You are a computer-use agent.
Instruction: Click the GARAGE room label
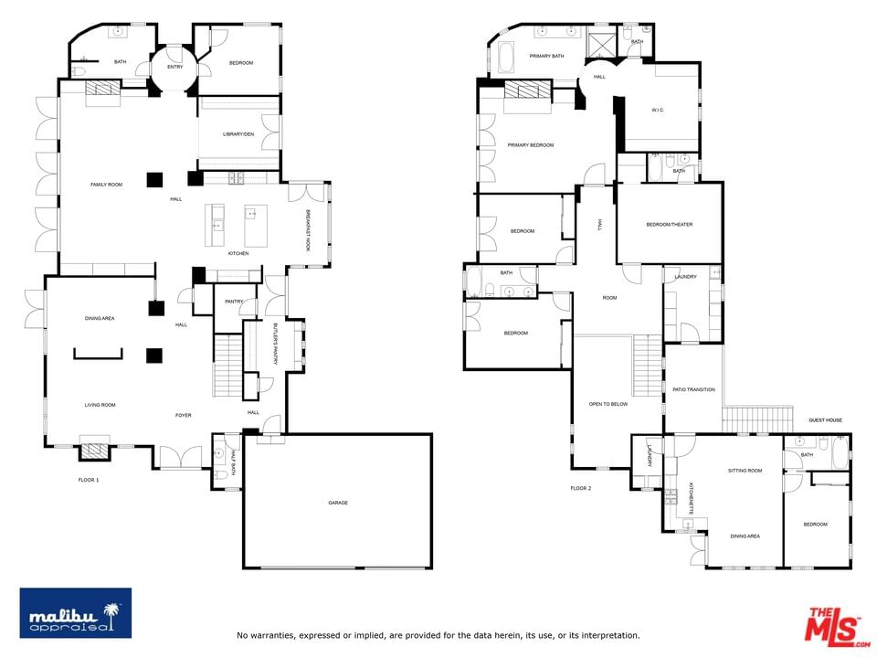pos(338,503)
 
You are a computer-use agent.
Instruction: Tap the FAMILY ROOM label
pos(106,185)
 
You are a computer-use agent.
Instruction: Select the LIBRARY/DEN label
pos(238,134)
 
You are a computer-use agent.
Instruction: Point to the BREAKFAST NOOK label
pos(308,230)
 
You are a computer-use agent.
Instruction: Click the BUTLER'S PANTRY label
pos(275,345)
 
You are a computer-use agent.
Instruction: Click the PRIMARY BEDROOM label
pos(530,145)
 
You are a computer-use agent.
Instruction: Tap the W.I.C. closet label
pos(658,111)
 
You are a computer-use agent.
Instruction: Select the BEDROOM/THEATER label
pos(670,225)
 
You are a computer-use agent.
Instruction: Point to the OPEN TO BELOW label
pos(608,404)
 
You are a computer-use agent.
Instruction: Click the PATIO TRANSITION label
pos(693,389)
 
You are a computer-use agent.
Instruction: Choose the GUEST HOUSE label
pos(825,420)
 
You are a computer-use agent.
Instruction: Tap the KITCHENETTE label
pos(692,499)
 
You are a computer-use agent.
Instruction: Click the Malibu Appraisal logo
pos(76,612)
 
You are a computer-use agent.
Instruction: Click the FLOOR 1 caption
pos(89,480)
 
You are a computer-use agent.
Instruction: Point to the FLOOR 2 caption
pos(581,488)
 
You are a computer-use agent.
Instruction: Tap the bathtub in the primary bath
pos(506,58)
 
